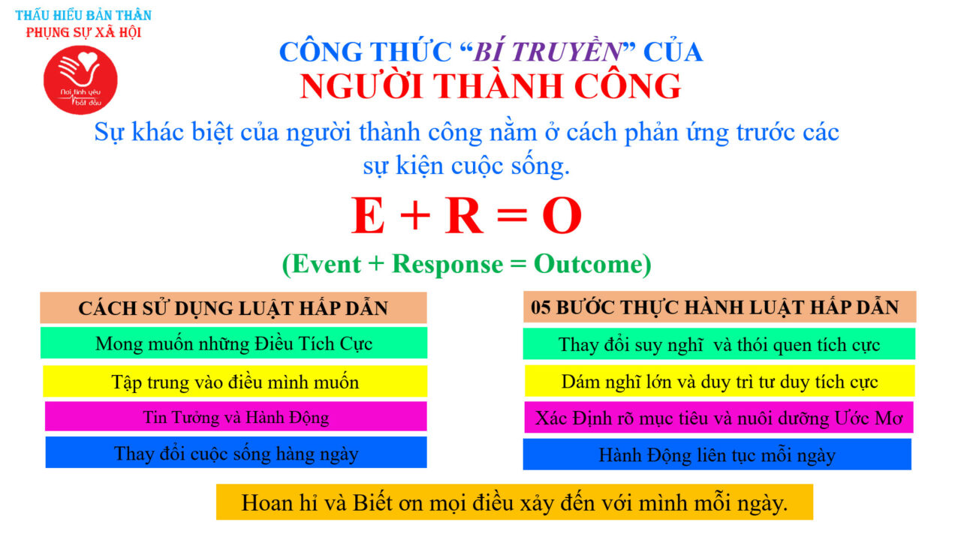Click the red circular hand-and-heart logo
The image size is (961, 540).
point(80,80)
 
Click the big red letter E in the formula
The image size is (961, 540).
point(368,214)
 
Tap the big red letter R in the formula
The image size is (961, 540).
point(464,214)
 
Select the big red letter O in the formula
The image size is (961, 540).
point(562,215)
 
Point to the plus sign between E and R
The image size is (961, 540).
point(415,214)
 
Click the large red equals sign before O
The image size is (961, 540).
point(512,214)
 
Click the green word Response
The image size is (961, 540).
point(447,263)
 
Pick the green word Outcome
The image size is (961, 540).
point(588,263)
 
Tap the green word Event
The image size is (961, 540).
point(327,263)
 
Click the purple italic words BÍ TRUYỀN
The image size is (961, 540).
point(548,52)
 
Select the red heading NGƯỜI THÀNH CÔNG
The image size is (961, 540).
point(490,86)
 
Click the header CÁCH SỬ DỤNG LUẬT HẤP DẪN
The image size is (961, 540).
point(233,307)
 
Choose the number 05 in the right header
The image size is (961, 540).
point(540,307)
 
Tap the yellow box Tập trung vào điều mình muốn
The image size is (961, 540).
point(235,381)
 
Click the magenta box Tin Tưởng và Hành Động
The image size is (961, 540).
point(236,416)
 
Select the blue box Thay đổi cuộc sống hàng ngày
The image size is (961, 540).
point(236,452)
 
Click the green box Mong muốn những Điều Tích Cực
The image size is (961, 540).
point(233,343)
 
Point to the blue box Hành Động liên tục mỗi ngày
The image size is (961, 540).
point(717,454)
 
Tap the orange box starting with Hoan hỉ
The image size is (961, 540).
point(514,502)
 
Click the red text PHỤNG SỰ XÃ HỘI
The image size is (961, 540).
point(83,32)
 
